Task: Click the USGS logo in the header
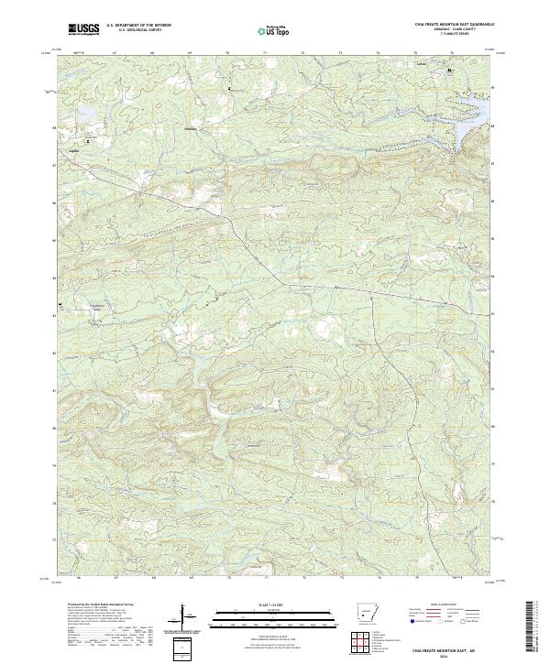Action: click(83, 30)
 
